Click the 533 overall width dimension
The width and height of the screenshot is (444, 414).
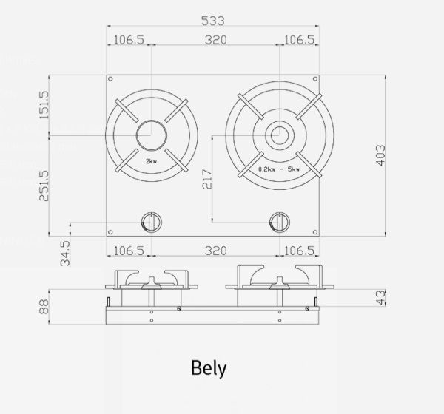pos(212,20)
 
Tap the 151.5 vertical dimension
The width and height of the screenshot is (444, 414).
pos(44,106)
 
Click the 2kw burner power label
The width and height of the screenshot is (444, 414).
pos(151,160)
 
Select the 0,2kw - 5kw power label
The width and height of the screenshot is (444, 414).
pos(279,169)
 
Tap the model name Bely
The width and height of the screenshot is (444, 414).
pos(209,367)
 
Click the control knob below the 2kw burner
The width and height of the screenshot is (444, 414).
pos(151,221)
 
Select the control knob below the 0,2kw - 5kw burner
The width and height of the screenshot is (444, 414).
pos(279,221)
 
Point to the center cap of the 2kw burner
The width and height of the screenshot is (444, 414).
pos(151,135)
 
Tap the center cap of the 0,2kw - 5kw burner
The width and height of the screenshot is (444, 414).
pos(279,135)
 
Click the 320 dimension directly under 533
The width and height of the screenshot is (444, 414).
pos(215,39)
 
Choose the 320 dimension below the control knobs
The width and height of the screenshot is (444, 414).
pos(215,251)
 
